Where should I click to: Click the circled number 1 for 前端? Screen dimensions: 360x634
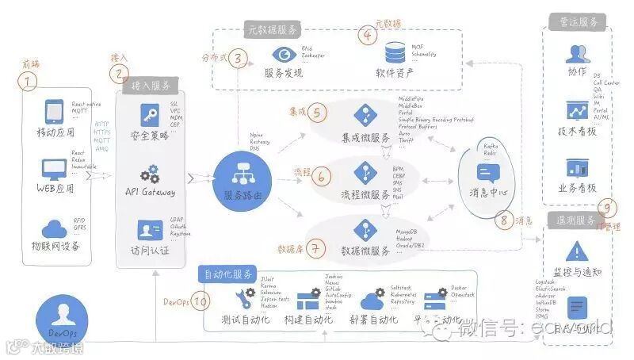click(x=29, y=80)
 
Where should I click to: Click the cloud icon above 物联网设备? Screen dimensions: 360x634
click(x=54, y=228)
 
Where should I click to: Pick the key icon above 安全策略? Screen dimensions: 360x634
click(x=149, y=113)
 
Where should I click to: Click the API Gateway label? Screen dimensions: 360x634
click(x=150, y=192)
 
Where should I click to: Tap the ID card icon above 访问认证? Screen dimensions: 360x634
click(x=149, y=231)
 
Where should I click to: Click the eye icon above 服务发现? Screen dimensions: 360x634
click(x=283, y=55)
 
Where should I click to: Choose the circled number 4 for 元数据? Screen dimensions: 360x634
click(x=367, y=35)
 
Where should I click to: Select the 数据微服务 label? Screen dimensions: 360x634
click(x=365, y=251)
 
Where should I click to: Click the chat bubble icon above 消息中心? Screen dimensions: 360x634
click(x=485, y=173)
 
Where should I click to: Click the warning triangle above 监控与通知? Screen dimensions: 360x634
click(x=575, y=253)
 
